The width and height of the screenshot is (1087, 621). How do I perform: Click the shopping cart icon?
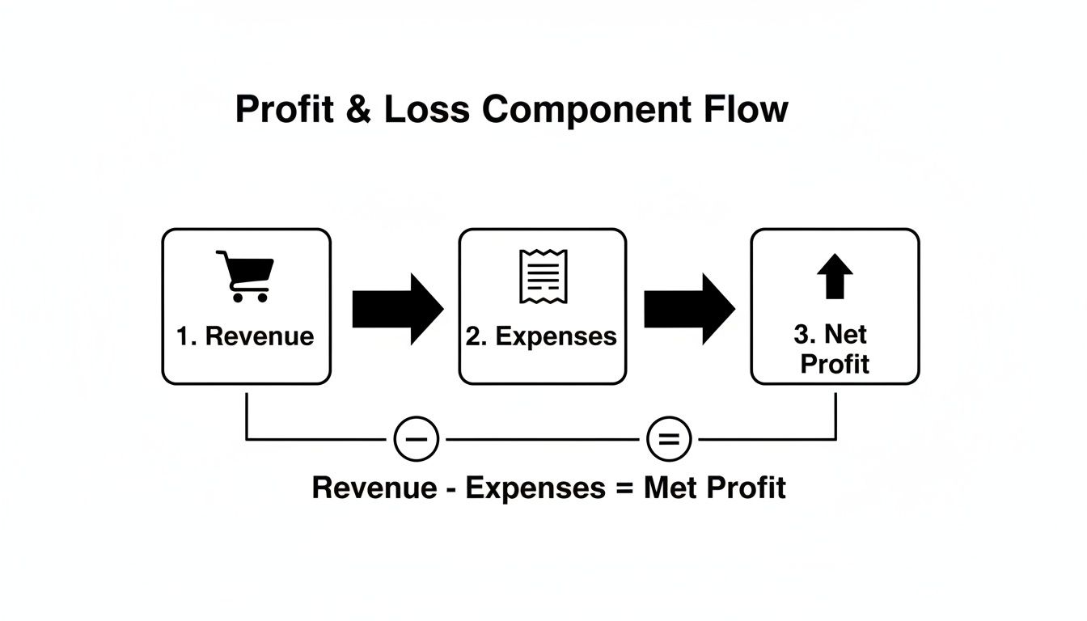(x=245, y=277)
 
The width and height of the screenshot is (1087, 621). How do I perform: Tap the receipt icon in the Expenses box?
(x=543, y=277)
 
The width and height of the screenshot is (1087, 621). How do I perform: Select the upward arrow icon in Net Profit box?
(x=835, y=276)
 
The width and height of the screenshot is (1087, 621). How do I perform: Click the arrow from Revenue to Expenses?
(x=398, y=309)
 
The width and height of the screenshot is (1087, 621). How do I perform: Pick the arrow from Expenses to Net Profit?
(x=690, y=309)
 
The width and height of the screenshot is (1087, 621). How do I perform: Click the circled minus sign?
(x=417, y=439)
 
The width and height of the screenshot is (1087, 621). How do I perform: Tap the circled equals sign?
(x=669, y=439)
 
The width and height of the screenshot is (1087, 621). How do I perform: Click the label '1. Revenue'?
(x=245, y=336)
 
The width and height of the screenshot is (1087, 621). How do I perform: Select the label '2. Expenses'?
(x=541, y=336)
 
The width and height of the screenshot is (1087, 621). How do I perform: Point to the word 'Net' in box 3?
(x=846, y=334)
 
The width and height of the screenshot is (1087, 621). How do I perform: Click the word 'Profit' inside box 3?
(x=835, y=364)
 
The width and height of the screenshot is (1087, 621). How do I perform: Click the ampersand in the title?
(x=358, y=109)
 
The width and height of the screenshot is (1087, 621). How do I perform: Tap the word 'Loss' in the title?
(x=427, y=109)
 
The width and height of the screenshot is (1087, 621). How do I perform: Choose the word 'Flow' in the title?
(x=746, y=109)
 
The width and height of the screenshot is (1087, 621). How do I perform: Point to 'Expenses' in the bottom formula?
(x=535, y=489)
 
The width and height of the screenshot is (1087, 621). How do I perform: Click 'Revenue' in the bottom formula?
(x=374, y=488)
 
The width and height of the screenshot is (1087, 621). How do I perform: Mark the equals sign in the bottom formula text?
(x=625, y=488)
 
